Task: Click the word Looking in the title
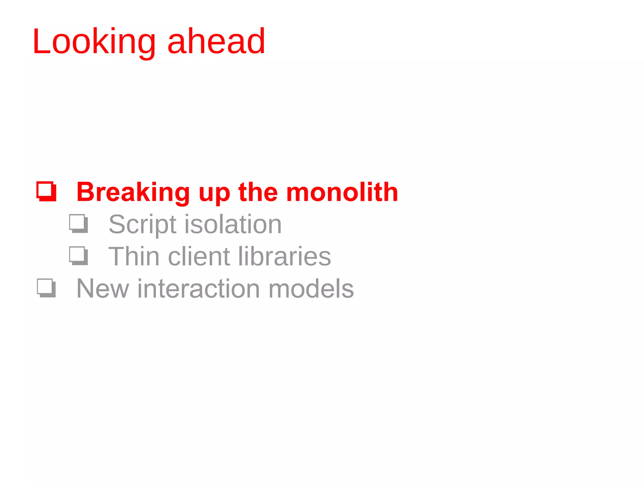click(94, 42)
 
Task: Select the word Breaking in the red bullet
click(133, 192)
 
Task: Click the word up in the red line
click(214, 194)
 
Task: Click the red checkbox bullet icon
click(47, 191)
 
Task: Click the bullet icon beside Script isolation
click(78, 224)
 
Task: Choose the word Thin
click(134, 256)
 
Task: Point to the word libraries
click(284, 256)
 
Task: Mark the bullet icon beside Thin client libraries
click(78, 256)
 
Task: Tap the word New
click(103, 289)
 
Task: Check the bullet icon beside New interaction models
click(47, 288)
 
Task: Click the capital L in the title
click(42, 42)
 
